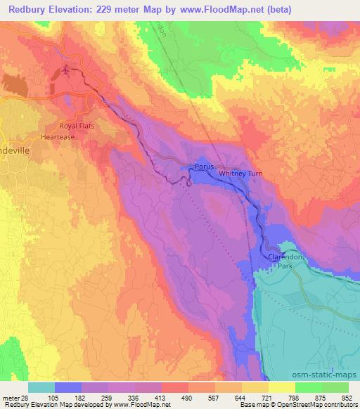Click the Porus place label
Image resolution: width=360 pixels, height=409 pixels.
coord(204,167)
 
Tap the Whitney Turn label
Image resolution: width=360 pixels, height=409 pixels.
coord(241,173)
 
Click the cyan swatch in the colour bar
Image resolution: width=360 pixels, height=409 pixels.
coord(41,387)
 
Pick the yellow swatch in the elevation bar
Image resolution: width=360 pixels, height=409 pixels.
coord(255,387)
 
